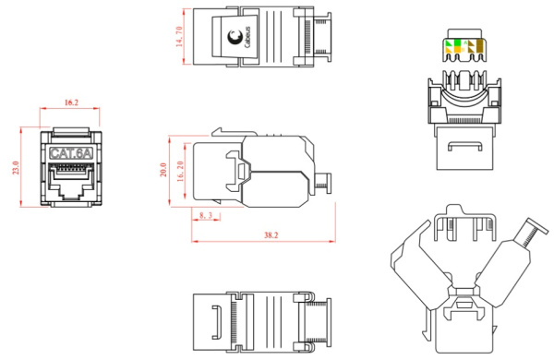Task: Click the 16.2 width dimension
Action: [x=71, y=102]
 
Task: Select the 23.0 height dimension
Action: [x=16, y=167]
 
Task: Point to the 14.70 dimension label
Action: [x=179, y=37]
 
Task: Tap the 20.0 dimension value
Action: [x=163, y=170]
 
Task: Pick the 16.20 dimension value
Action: [x=180, y=172]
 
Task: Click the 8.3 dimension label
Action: [x=206, y=215]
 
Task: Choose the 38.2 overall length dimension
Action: [x=271, y=235]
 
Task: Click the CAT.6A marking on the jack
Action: [x=71, y=153]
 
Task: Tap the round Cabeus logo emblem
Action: [x=235, y=37]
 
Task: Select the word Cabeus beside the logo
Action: [x=247, y=37]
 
